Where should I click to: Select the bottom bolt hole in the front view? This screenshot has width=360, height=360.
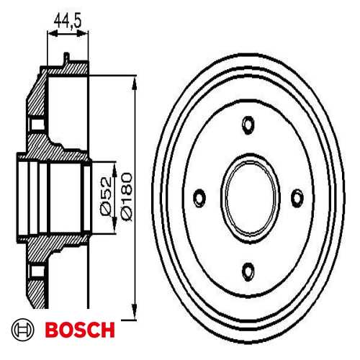pyautogui.click(x=248, y=271)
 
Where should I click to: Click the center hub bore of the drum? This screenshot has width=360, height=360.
pyautogui.click(x=248, y=197)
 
